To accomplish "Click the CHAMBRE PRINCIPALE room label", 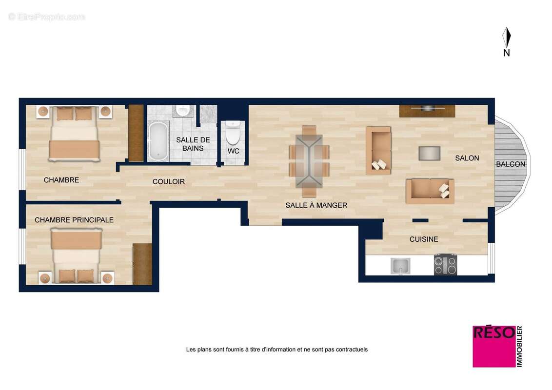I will [74, 220].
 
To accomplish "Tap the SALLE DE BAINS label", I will [193, 144].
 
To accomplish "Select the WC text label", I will [234, 151].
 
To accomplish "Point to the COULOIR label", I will [169, 181].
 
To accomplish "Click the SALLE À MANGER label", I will [316, 205].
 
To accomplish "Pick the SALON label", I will [467, 158].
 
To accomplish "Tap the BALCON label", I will [511, 164].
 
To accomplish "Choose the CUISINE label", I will [423, 239].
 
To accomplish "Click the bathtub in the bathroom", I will [158, 141].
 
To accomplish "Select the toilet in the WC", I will [233, 133].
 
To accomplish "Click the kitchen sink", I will [400, 266].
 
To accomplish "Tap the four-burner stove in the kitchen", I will [445, 265].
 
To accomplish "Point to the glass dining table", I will [309, 161].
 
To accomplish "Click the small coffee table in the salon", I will [429, 153].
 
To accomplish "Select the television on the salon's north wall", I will [427, 108].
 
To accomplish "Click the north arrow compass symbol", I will [507, 38].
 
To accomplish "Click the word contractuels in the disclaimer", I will [352, 350].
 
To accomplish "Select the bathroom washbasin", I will [183, 111].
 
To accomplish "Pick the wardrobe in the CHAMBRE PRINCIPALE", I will [142, 264].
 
